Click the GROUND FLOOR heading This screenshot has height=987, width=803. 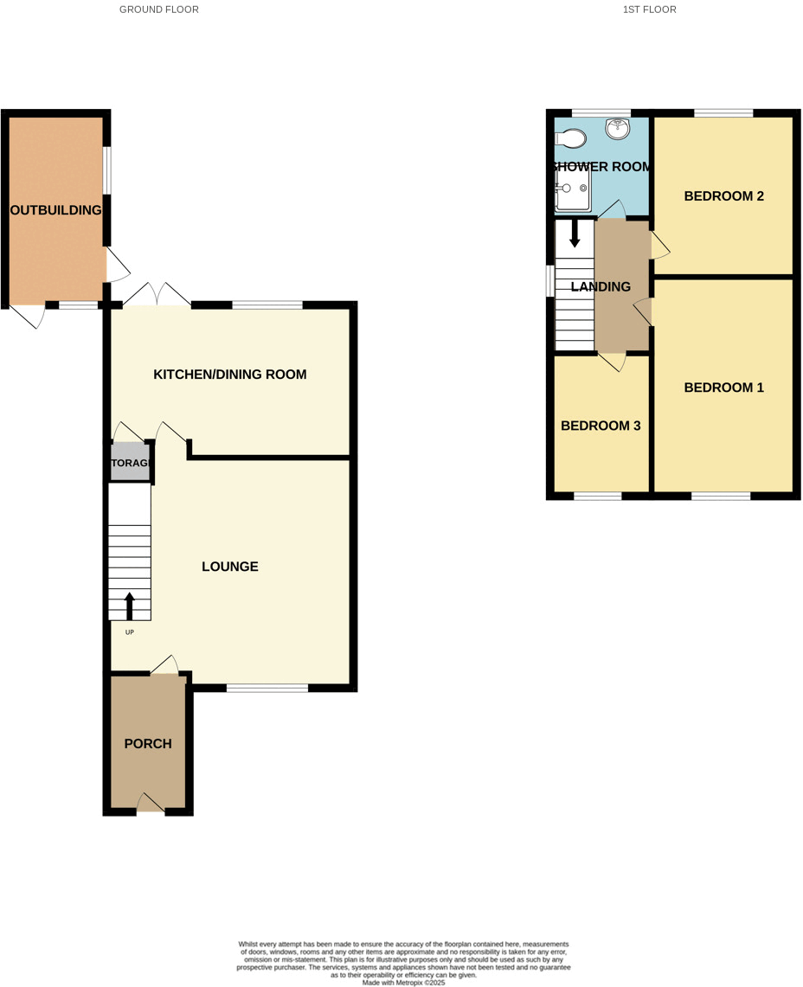[x=158, y=10]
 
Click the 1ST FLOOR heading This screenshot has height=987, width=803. [x=649, y=10]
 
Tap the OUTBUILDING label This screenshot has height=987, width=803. [x=55, y=210]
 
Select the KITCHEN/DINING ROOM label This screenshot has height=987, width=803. [x=230, y=375]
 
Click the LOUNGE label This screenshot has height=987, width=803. [x=230, y=567]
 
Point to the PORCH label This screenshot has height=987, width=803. [x=148, y=743]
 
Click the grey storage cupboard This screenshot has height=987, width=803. [x=131, y=463]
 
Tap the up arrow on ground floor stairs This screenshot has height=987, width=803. [x=130, y=606]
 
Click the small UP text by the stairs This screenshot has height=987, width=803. [x=130, y=632]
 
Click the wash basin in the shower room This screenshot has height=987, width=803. [x=618, y=129]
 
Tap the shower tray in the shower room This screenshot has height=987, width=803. [x=573, y=188]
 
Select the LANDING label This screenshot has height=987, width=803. [x=601, y=286]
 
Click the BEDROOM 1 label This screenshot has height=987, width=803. [x=723, y=388]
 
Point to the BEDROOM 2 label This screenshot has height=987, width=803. [x=723, y=196]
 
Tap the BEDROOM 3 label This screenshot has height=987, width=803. [x=601, y=426]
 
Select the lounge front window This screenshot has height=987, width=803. [x=267, y=689]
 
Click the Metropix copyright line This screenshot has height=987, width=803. [x=403, y=983]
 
